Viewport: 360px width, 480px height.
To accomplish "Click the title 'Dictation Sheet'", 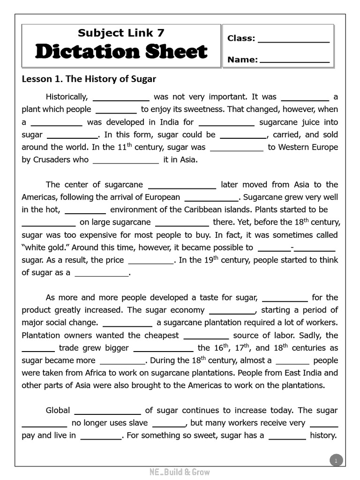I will pos(121,52).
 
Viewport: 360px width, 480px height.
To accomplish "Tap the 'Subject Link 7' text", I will pos(121,33).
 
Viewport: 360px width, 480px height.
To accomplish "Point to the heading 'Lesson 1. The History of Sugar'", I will pos(89,79).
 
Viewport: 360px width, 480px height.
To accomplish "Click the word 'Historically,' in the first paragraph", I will pos(67,97).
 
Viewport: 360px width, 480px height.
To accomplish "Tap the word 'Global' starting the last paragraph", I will pos(58,410).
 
